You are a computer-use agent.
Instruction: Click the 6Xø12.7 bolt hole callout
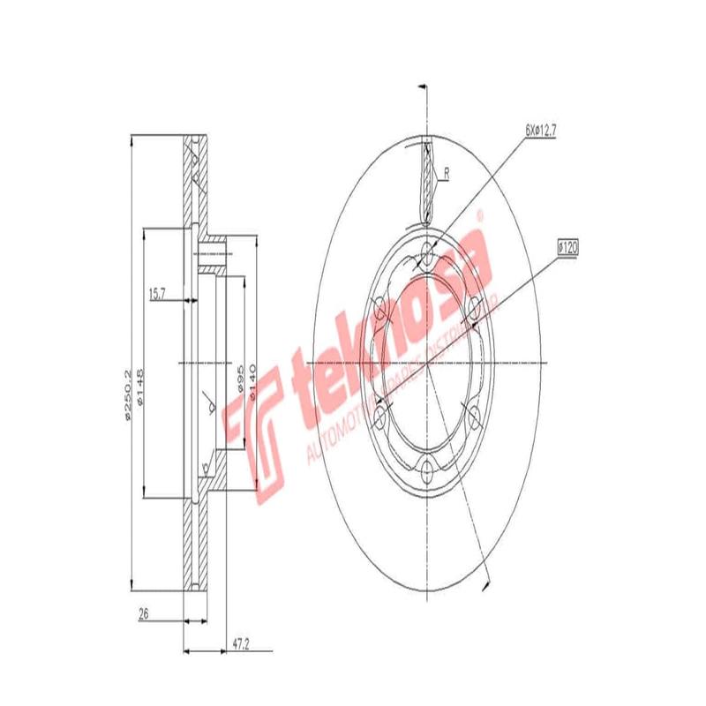(541, 130)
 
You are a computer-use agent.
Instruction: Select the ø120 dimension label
(567, 249)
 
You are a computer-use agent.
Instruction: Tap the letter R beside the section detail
(447, 174)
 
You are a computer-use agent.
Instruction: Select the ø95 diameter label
(239, 379)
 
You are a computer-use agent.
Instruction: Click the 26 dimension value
(144, 614)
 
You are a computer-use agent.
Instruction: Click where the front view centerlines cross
(428, 364)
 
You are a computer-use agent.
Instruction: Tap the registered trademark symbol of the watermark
(480, 214)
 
